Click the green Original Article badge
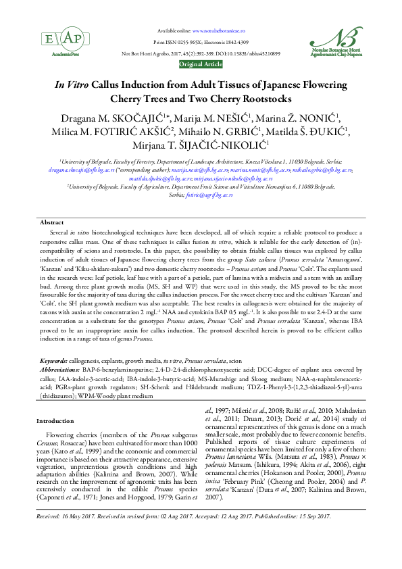tap(201, 64)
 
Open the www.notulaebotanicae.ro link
tap(219, 31)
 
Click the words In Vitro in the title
tap(66, 89)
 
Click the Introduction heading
tap(56, 421)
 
